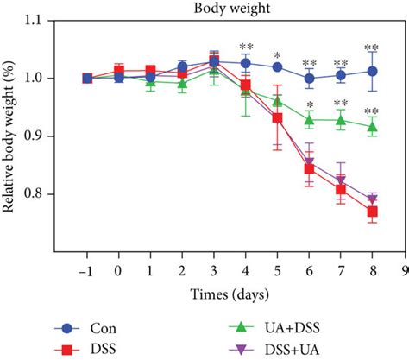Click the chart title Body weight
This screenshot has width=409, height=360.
228,8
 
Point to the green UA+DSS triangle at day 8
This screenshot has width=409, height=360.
372,126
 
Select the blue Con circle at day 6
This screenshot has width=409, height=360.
309,78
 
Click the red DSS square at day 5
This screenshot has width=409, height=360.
277,117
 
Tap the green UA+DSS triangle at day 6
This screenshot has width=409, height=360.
309,119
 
